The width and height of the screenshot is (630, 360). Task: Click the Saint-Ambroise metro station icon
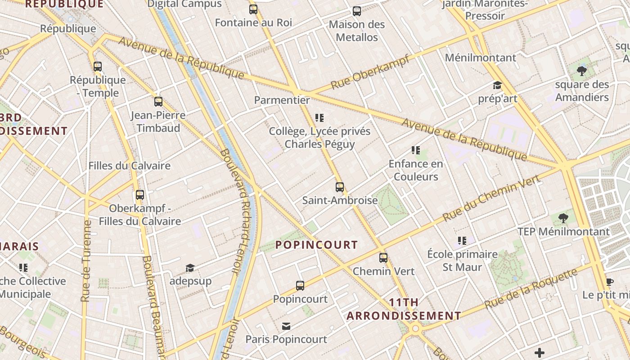point(340,187)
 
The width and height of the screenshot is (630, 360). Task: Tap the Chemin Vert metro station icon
point(383,258)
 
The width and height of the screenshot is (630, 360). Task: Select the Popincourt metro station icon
point(300,285)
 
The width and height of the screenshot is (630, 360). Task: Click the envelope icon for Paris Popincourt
point(286,326)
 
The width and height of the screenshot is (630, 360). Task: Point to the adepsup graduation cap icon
point(190,268)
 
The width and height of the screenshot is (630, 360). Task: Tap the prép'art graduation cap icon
point(497,85)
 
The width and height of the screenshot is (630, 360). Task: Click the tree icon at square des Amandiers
point(582,71)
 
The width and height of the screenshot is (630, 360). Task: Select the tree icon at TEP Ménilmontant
point(563,218)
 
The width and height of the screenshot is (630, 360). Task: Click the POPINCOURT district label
point(316,245)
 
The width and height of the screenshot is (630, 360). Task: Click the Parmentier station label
point(282,100)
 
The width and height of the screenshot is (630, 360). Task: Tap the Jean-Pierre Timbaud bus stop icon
point(158,102)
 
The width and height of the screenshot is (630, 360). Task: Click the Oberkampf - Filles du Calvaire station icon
point(140,195)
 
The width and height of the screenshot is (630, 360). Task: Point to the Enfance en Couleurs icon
point(416,150)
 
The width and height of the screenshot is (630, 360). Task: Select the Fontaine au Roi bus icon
point(253,9)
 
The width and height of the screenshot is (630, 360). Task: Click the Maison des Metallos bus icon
point(357,11)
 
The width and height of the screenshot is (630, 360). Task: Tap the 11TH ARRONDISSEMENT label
point(404,309)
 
